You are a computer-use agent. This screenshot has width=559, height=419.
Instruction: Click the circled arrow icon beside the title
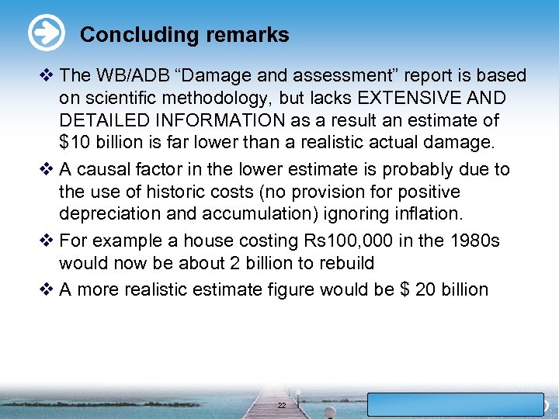pos(46,33)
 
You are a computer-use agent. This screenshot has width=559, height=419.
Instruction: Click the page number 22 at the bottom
pos(282,406)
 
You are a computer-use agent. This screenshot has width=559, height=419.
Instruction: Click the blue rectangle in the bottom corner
pos(455,405)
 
